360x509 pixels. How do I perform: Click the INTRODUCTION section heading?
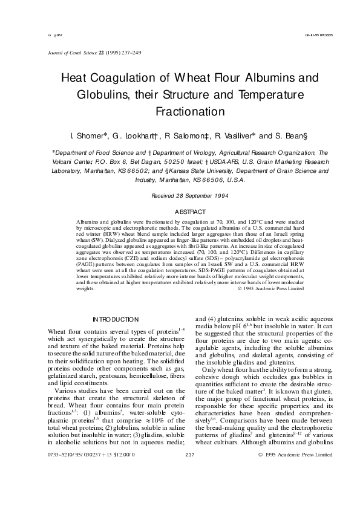115,319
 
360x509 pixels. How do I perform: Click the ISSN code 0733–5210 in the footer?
60,487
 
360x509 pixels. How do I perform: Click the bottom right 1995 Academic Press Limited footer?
295,487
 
